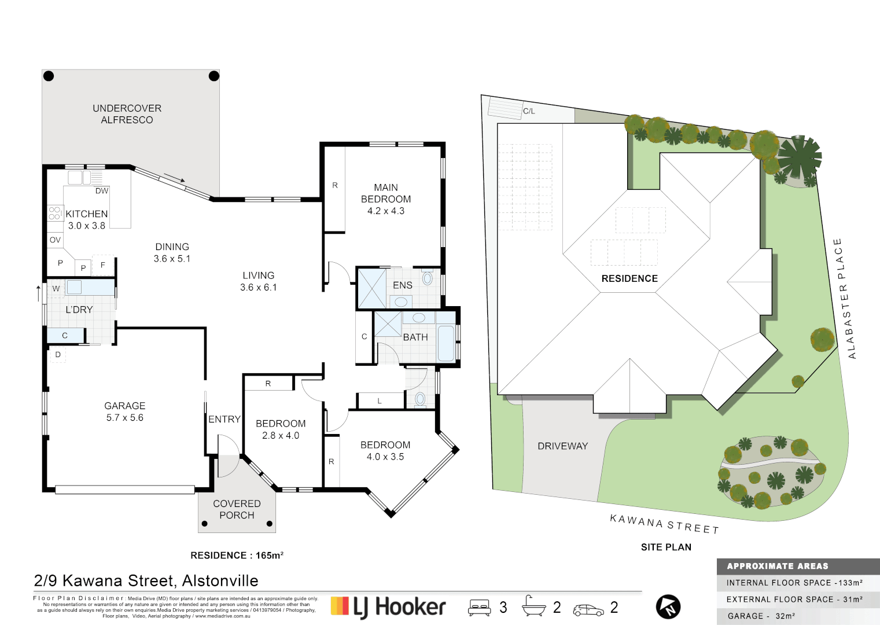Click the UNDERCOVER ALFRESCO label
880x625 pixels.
(x=127, y=114)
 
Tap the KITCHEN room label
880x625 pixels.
(x=86, y=214)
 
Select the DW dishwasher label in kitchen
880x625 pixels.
(x=102, y=191)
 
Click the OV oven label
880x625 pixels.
(x=55, y=240)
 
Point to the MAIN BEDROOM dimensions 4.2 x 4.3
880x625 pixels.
(x=385, y=211)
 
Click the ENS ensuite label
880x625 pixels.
(x=402, y=285)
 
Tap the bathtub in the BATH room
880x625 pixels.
(x=445, y=343)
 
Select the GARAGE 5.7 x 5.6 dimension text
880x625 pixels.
(x=124, y=418)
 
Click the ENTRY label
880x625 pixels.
(x=224, y=420)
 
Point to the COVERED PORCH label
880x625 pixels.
(x=237, y=509)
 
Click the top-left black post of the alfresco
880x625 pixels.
(x=49, y=76)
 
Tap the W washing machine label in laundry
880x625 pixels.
(x=56, y=288)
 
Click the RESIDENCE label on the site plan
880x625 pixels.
(x=629, y=278)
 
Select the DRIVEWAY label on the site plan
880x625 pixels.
(x=562, y=446)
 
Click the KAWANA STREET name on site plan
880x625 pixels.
(x=664, y=524)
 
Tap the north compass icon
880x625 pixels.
(x=668, y=607)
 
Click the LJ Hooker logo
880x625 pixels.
(x=388, y=607)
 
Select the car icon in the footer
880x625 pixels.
(x=588, y=609)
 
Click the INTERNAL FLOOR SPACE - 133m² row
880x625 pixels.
(x=794, y=583)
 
